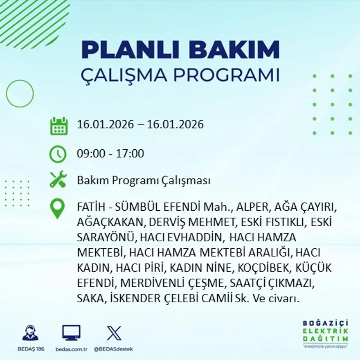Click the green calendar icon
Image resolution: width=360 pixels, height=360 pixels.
coord(59,126)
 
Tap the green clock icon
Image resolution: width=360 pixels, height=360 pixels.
coord(58,154)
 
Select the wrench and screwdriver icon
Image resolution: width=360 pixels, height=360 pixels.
coord(58,180)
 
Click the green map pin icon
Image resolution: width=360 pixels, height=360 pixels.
coord(58,209)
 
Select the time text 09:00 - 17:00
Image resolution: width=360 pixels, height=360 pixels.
coord(110,154)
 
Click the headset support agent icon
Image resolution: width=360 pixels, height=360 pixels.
coord(30,333)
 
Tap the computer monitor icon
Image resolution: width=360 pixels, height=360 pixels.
coord(71,333)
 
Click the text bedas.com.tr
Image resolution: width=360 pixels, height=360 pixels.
coord(71,349)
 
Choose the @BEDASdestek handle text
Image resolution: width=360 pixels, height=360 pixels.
coord(113,349)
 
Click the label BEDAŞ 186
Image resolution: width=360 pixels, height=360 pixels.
coord(31,349)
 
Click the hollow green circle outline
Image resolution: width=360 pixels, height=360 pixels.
coord(20,94)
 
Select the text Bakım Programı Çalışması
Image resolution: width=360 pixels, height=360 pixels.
coord(144,180)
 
